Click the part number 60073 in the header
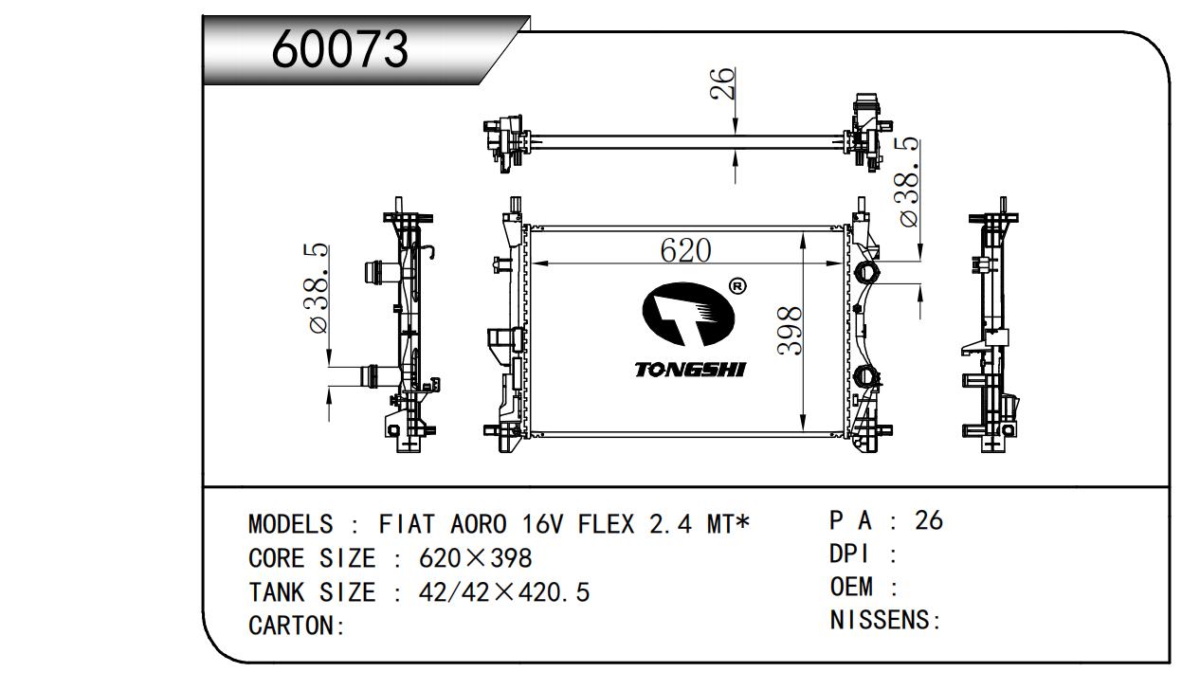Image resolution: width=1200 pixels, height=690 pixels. click(x=339, y=49)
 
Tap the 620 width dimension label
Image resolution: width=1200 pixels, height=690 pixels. click(x=685, y=250)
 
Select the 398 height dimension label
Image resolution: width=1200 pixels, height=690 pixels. click(x=791, y=331)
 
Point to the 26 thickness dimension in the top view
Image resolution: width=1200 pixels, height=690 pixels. click(x=722, y=83)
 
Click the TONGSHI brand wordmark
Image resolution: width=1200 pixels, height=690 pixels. click(x=690, y=370)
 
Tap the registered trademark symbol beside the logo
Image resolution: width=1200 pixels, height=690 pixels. click(x=737, y=286)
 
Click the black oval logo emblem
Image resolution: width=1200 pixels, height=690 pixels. click(x=688, y=315)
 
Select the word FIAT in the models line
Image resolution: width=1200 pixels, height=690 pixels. click(x=407, y=524)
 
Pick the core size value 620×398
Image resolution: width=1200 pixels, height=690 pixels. click(x=475, y=558)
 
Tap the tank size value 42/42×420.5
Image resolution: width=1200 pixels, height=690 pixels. click(x=504, y=592)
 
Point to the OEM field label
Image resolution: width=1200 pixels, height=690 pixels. click(x=851, y=587)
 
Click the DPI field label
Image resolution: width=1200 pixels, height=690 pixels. click(x=849, y=554)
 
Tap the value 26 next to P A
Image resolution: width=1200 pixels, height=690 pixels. click(x=929, y=520)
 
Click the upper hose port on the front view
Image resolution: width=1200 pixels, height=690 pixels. click(x=865, y=273)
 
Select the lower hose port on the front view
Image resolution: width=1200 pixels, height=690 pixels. click(x=865, y=376)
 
